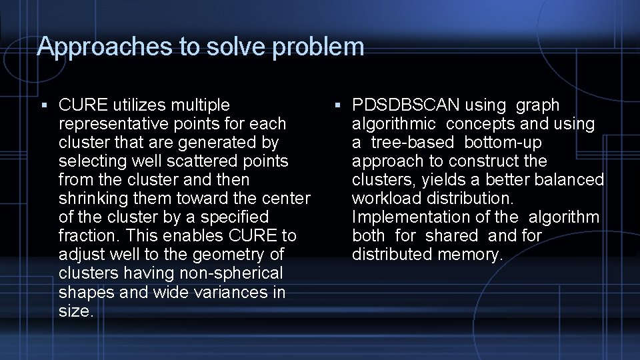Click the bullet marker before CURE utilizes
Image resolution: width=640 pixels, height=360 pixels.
43,105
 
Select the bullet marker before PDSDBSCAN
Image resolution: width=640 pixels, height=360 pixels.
338,105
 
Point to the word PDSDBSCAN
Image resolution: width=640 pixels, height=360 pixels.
405,105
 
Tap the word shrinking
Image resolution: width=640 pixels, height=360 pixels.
97,199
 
